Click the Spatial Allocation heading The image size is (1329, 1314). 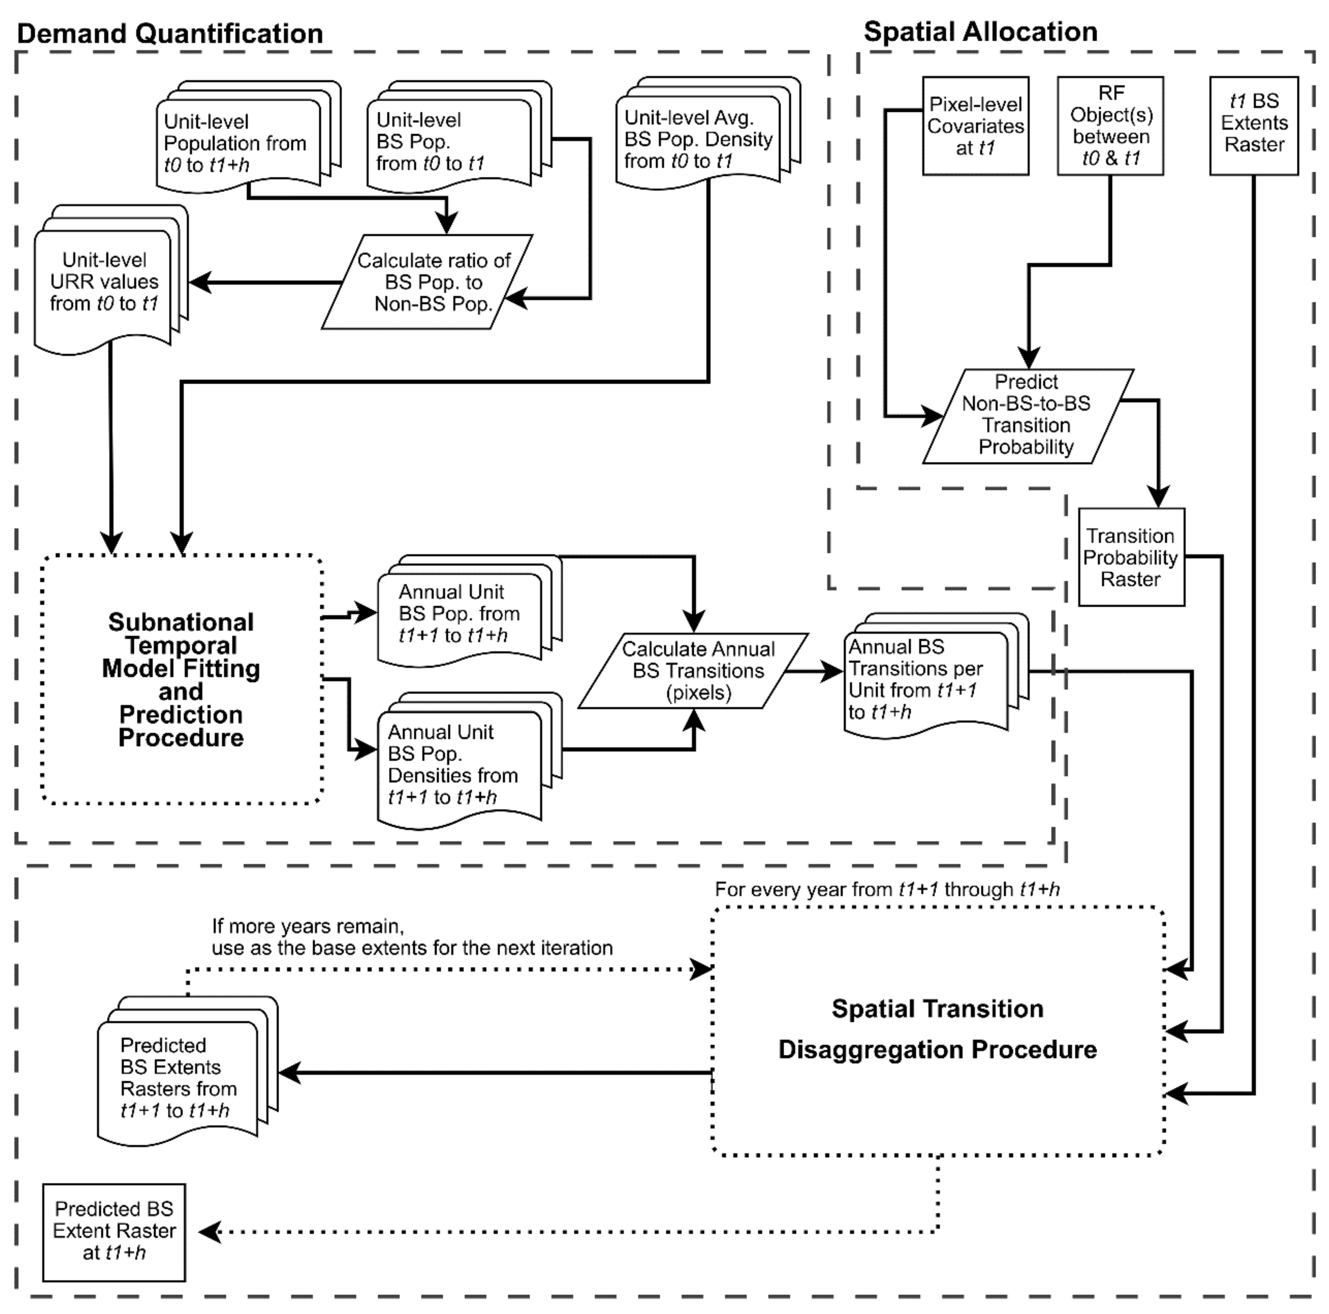point(980,32)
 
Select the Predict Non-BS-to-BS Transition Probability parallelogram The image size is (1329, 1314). point(1026,415)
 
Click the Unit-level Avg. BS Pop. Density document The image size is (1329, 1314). point(698,140)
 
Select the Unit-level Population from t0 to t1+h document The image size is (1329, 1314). point(235,143)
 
